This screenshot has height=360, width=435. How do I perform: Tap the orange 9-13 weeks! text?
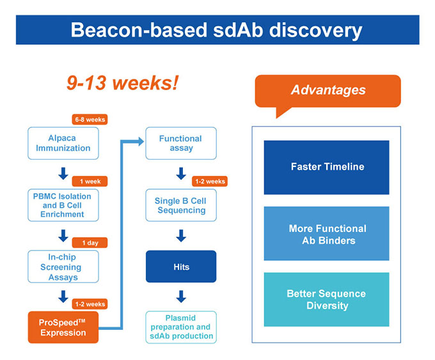[122, 83]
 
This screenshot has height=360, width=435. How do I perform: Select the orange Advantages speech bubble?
[328, 91]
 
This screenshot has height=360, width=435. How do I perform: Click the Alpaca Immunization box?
[63, 143]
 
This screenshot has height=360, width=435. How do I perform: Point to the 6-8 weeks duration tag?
[90, 119]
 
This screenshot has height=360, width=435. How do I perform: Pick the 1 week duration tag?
[90, 181]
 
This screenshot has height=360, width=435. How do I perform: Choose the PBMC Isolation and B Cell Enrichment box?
[63, 205]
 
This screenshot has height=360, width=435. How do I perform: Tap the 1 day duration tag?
[90, 243]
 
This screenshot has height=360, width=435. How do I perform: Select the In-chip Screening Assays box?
[63, 267]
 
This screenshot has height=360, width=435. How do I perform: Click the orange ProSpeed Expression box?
[63, 327]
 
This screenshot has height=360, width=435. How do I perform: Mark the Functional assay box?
[180, 143]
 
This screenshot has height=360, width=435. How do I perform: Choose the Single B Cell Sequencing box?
[180, 205]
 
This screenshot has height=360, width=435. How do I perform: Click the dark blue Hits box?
[180, 267]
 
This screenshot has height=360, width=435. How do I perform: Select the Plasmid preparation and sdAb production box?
[180, 327]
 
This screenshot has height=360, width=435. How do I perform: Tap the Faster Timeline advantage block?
[326, 167]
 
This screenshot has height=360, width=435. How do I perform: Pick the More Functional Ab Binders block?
[326, 234]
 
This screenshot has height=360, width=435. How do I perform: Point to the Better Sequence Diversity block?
[326, 299]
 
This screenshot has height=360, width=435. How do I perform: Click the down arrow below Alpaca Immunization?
[63, 173]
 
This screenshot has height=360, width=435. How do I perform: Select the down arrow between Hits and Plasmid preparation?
[181, 297]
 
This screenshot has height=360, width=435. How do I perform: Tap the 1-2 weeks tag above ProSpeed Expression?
[90, 304]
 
